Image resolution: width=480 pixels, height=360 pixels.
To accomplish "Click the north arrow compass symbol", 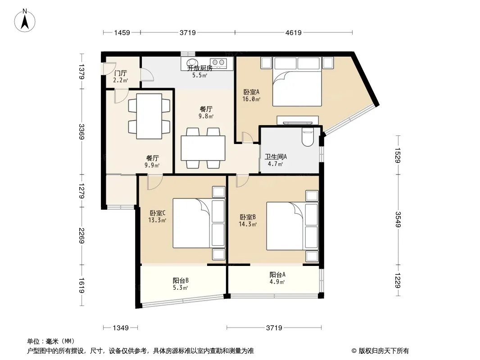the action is coord(25,20).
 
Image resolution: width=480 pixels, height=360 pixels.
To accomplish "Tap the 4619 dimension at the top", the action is coord(293,32).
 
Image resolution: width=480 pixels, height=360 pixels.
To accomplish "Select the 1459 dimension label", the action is coord(122,32).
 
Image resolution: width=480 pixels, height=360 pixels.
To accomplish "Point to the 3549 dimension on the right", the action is coord(398,219).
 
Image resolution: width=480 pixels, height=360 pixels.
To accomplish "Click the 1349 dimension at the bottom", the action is coord(121,328).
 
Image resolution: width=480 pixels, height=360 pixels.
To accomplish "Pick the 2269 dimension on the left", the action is coord(82,235).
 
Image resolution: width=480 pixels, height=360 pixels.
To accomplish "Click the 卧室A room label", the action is coord(251,92).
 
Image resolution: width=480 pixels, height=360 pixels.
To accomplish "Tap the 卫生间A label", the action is coord(276,157).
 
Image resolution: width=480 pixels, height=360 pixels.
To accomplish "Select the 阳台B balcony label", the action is coord(181,280).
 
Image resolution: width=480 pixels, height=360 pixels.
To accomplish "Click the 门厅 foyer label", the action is coord(120,73).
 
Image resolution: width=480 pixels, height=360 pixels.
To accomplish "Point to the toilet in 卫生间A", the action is coord(308,137).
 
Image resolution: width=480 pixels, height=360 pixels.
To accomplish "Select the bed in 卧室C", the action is coord(199,223).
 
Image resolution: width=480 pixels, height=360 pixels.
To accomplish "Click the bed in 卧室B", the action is coord(292,226).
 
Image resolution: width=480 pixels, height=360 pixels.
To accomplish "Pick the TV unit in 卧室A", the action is coord(298,120).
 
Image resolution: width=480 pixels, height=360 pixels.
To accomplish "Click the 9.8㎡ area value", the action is coord(206,116).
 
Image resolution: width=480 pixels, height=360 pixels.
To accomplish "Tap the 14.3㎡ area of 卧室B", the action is coord(248,224).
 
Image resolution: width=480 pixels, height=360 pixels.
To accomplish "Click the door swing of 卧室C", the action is coord(154,183).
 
